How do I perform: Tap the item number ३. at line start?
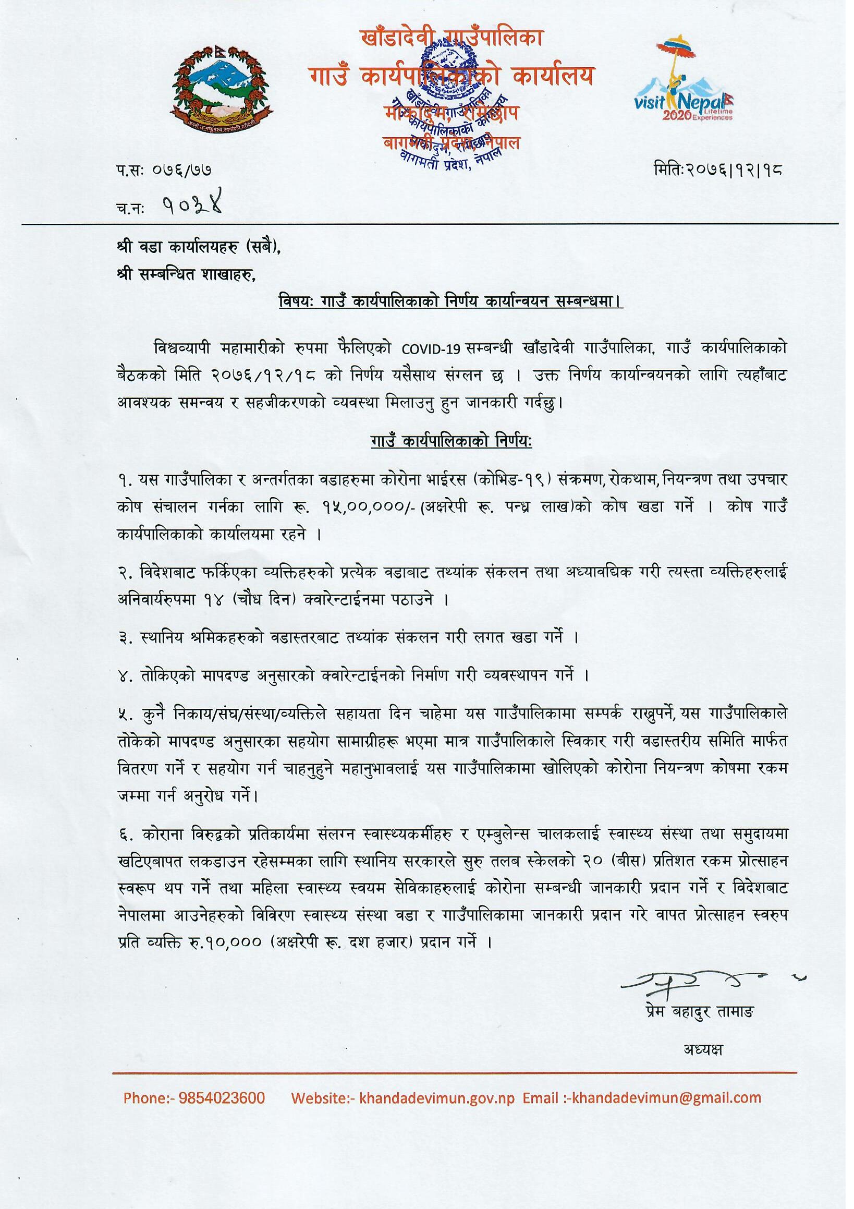pos(126,638)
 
